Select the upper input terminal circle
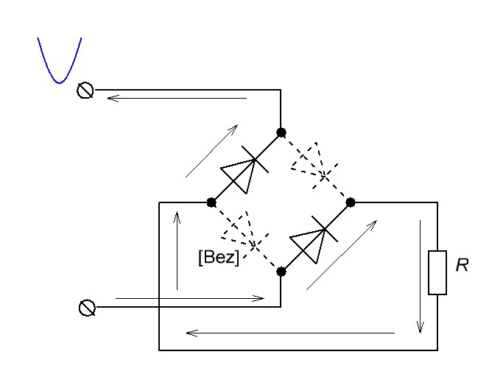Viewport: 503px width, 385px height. tap(85, 91)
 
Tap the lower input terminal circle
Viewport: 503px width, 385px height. tap(86, 307)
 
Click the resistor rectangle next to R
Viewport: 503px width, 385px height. tap(437, 272)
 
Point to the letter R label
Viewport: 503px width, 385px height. tap(462, 266)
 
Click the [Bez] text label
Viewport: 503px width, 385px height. tap(218, 258)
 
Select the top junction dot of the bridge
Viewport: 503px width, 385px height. tap(281, 133)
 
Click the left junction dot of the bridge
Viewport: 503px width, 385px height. tap(211, 202)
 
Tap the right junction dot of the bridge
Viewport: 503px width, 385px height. tap(351, 202)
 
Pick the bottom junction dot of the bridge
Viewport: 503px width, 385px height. tap(281, 272)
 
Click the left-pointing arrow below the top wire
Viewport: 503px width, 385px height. tap(177, 98)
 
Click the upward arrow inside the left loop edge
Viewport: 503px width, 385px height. tap(177, 250)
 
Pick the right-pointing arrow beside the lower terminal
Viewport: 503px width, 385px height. tap(190, 298)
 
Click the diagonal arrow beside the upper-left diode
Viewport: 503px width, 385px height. tap(211, 151)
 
